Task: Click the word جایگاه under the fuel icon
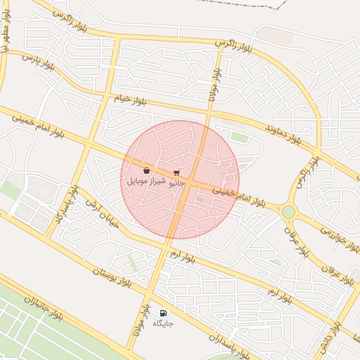coord(163,324)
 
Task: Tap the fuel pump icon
coord(163,314)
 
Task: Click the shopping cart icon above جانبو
coord(176,172)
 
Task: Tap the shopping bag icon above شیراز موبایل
coord(146,171)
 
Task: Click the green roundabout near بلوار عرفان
coord(288,212)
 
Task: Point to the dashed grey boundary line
coord(246,6)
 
